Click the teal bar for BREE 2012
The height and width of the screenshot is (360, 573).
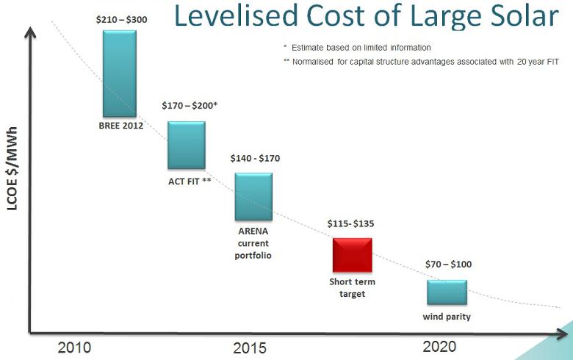tap(120, 73)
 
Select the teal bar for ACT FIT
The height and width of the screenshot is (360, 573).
tap(187, 145)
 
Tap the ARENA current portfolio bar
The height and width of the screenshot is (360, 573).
tap(253, 196)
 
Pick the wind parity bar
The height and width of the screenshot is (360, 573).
tap(447, 292)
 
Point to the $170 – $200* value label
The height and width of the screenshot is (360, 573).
tap(190, 106)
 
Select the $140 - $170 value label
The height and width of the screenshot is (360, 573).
tap(255, 158)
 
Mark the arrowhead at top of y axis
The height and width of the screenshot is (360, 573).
tap(30, 32)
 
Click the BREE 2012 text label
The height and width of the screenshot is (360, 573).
tap(120, 126)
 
